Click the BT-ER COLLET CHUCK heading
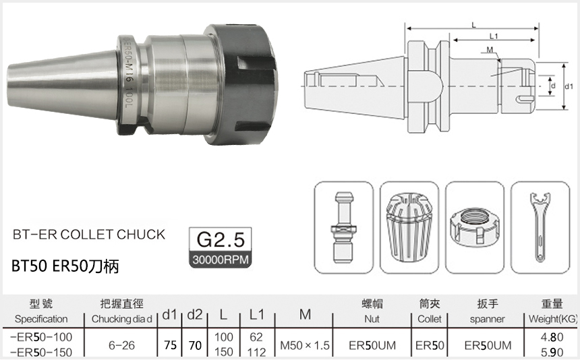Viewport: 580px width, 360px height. (89, 235)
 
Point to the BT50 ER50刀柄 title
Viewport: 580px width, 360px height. (65, 266)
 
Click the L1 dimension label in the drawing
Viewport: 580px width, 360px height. (493, 36)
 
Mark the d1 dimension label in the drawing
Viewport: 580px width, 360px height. (568, 87)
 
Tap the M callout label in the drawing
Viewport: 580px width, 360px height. (489, 51)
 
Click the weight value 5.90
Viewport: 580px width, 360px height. (556, 352)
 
